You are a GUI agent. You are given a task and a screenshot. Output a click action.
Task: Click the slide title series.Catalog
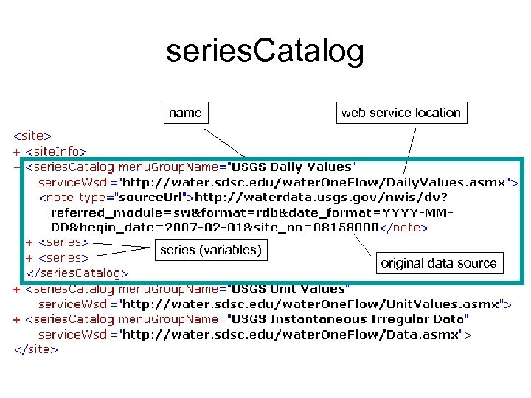point(265,52)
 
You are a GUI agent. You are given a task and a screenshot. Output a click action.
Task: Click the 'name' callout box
point(185,113)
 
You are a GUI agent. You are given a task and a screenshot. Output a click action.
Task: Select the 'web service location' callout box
point(400,113)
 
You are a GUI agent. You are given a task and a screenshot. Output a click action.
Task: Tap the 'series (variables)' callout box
point(210,250)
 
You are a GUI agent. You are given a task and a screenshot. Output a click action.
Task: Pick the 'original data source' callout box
point(438,263)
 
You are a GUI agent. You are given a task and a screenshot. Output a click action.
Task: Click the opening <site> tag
point(32,136)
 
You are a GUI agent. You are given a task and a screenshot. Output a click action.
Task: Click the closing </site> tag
point(35,349)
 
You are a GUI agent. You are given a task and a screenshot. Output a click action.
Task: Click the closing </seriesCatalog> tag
point(77,273)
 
